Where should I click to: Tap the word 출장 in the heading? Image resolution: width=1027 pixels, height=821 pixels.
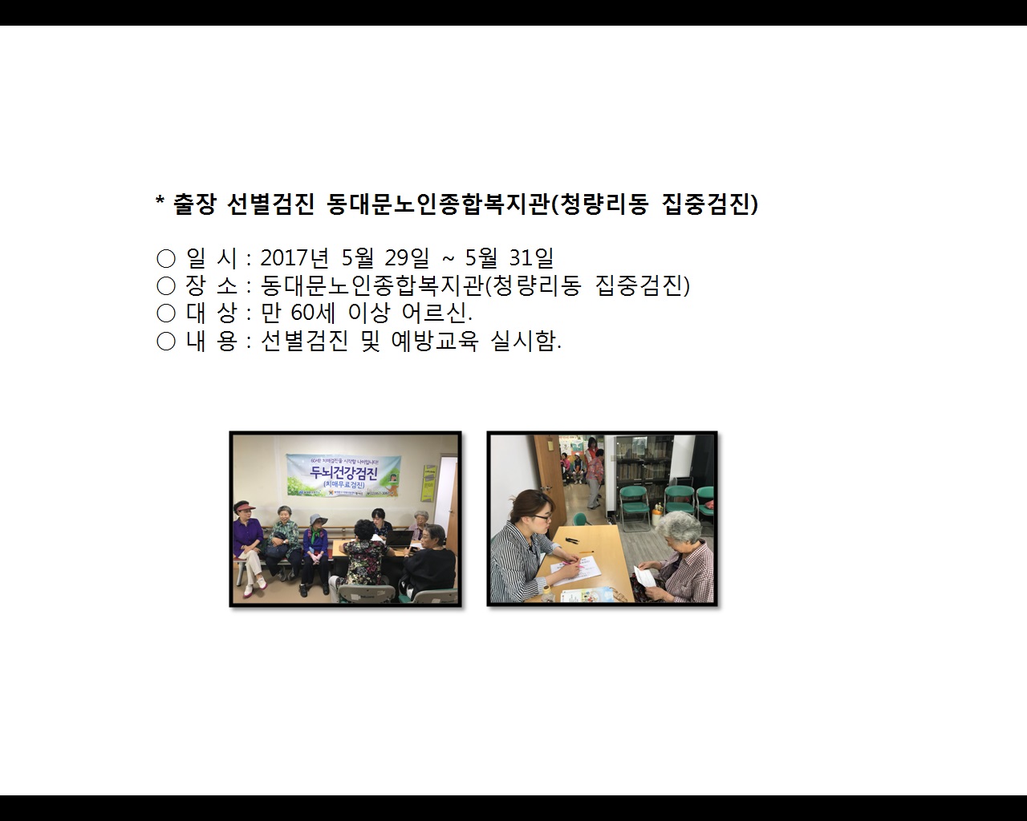coord(195,204)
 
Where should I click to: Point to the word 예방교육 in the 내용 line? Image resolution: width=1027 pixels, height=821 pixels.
coord(435,342)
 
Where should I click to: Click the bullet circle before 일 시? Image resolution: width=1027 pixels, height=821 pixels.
coord(166,259)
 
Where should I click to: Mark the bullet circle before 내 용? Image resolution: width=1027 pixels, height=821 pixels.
coord(166,342)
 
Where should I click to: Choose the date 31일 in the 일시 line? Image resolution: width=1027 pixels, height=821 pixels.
coord(531,258)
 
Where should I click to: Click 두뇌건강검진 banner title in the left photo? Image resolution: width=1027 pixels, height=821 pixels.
coord(344,473)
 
